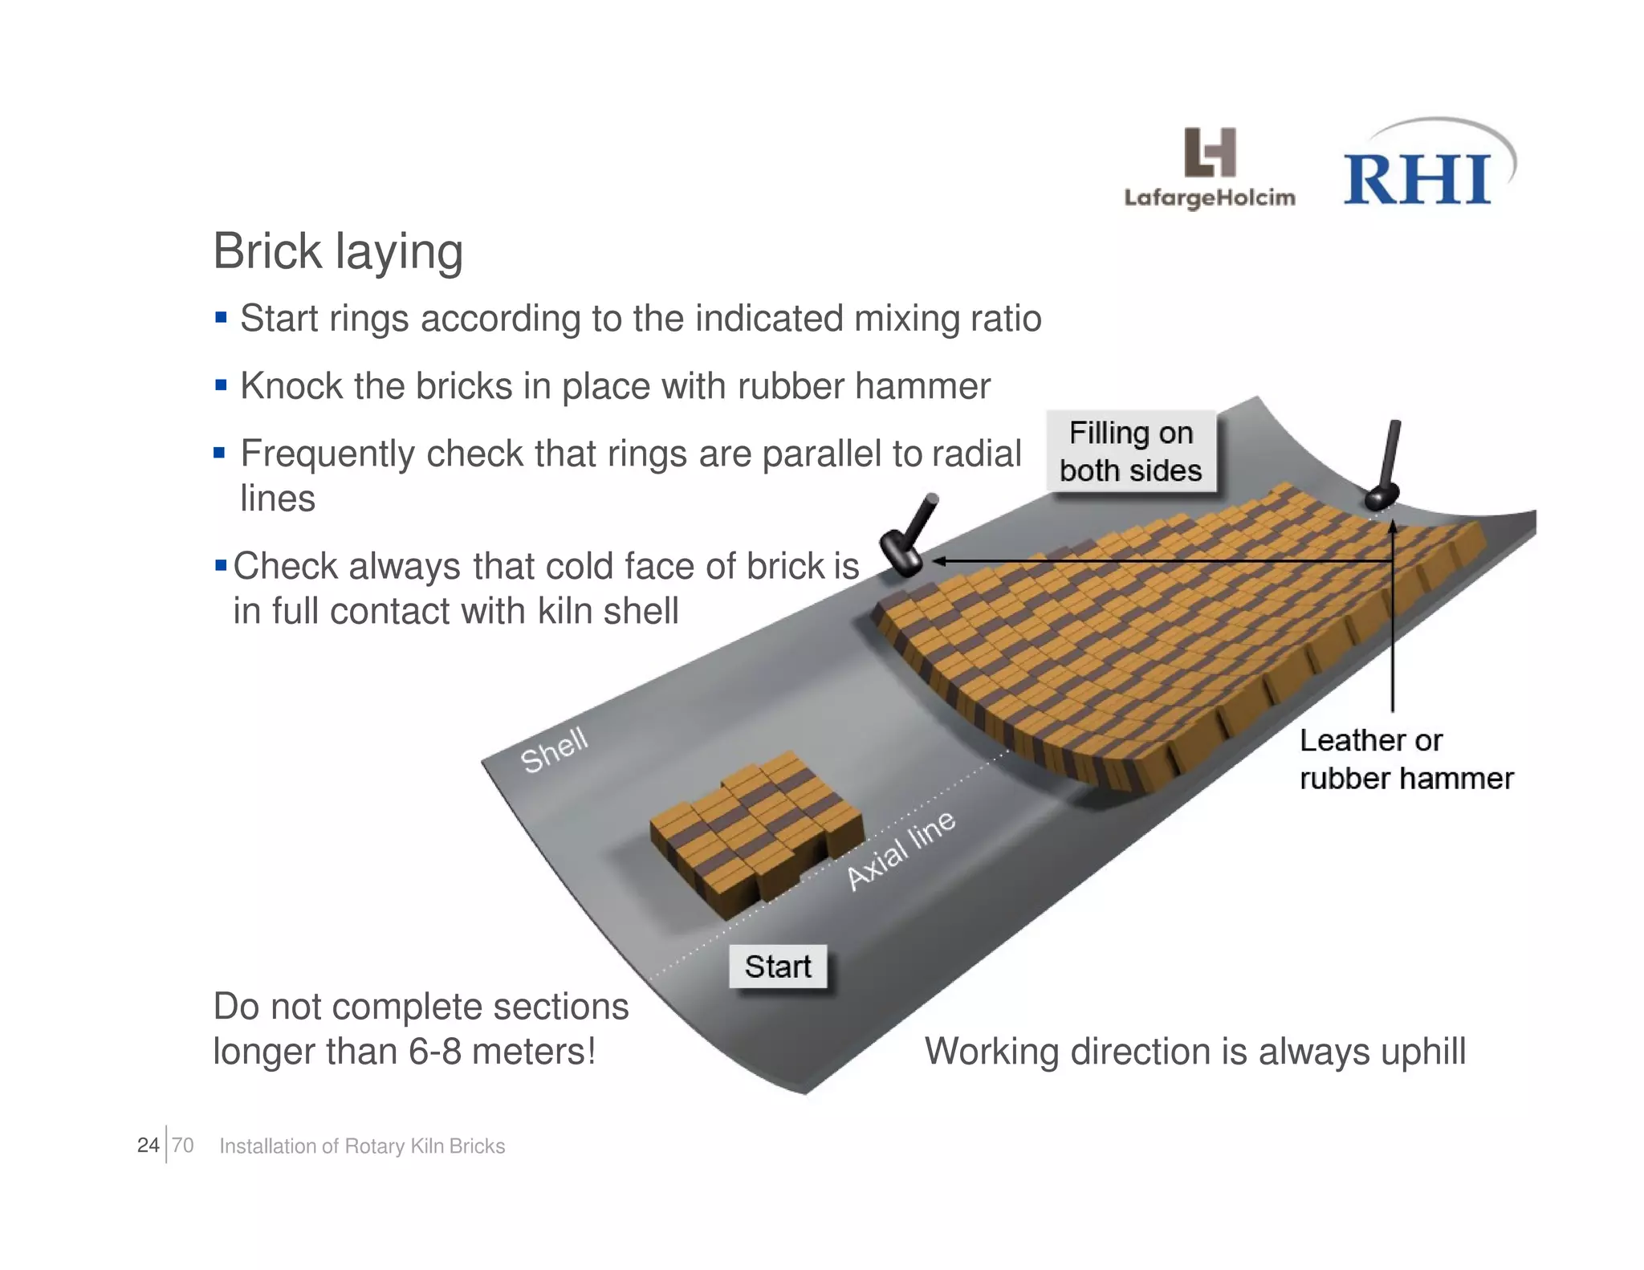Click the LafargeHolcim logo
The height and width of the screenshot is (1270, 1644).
tap(1209, 168)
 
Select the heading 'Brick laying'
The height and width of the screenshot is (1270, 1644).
tap(338, 251)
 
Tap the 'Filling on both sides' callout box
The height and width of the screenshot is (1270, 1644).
tap(1130, 451)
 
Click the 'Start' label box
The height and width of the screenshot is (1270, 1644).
tap(777, 967)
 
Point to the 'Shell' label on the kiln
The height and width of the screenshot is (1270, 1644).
tap(554, 750)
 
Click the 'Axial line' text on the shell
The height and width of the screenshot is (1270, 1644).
tap(901, 850)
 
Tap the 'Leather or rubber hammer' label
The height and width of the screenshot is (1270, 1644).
tap(1405, 759)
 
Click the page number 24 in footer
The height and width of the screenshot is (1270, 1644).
tap(148, 1145)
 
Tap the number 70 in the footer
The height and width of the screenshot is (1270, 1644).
tap(183, 1145)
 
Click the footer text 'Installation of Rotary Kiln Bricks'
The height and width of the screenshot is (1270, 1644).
tap(362, 1146)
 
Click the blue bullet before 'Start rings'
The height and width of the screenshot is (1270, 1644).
tap(221, 318)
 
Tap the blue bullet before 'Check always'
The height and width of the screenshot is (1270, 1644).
tap(221, 566)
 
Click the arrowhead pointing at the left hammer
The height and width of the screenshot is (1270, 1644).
tap(939, 561)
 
